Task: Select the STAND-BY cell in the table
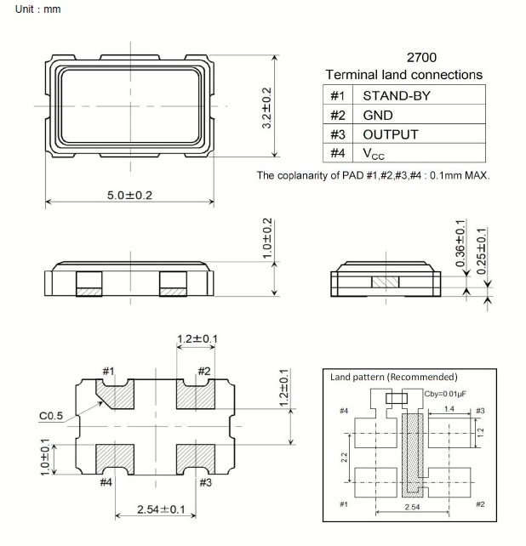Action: tap(396, 95)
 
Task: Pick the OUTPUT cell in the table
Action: tap(390, 134)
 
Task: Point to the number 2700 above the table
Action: tap(422, 58)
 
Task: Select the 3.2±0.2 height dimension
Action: tap(266, 107)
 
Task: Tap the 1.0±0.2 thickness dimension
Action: tap(266, 238)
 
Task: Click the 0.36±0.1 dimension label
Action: tap(460, 246)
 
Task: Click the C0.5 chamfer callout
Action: tap(52, 417)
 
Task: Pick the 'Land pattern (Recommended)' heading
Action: tap(392, 376)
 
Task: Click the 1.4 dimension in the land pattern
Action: tap(449, 410)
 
